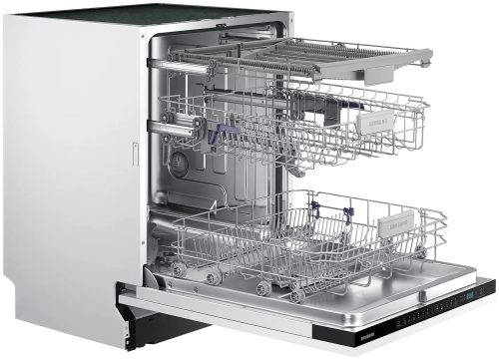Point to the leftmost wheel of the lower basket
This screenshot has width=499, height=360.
coord(178,268)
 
